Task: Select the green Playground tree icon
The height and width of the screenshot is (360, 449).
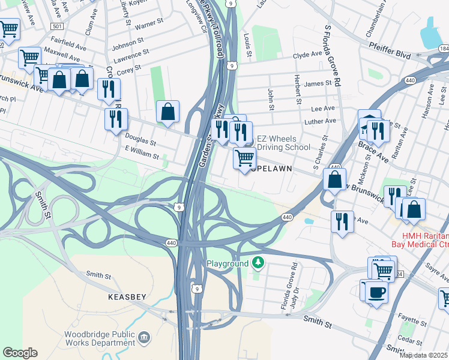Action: point(258,263)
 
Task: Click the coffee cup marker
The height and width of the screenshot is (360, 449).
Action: point(376,293)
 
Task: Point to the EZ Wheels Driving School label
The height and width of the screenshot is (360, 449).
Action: point(283,143)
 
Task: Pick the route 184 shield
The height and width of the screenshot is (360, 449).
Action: point(443,48)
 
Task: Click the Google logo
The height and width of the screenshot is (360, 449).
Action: point(20,352)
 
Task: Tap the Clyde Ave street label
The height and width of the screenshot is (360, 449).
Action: point(307,55)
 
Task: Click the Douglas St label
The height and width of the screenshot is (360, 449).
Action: point(140,143)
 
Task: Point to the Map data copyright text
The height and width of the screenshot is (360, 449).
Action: point(423,355)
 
